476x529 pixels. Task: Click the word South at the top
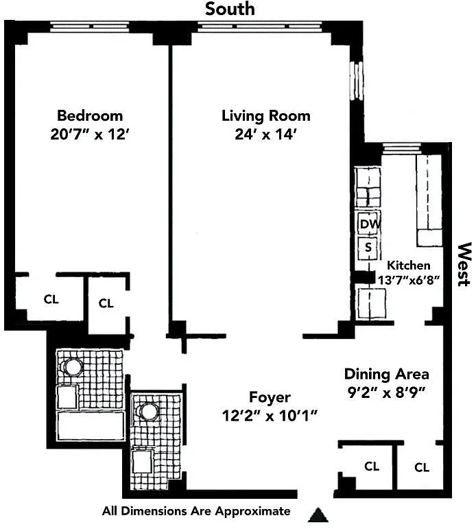(230, 8)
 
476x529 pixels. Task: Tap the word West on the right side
(464, 264)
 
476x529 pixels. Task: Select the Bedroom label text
(90, 116)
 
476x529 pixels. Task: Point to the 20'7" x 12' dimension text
(90, 134)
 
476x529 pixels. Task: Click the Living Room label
(266, 116)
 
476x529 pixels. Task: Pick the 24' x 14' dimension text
(266, 134)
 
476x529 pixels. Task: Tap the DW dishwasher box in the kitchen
(369, 224)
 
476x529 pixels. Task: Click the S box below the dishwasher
(368, 248)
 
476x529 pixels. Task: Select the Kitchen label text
(409, 265)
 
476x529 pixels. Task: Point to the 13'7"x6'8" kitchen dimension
(409, 280)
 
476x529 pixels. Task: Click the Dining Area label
(387, 374)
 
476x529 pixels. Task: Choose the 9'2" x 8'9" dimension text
(387, 392)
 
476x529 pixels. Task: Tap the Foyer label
(270, 397)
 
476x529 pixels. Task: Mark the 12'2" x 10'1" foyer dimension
(270, 416)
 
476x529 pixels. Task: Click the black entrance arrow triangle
(318, 515)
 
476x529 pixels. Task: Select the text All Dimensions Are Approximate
(196, 511)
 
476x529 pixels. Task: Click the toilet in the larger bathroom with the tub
(73, 366)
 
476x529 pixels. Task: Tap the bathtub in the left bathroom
(91, 425)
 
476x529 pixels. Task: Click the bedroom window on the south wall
(89, 26)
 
